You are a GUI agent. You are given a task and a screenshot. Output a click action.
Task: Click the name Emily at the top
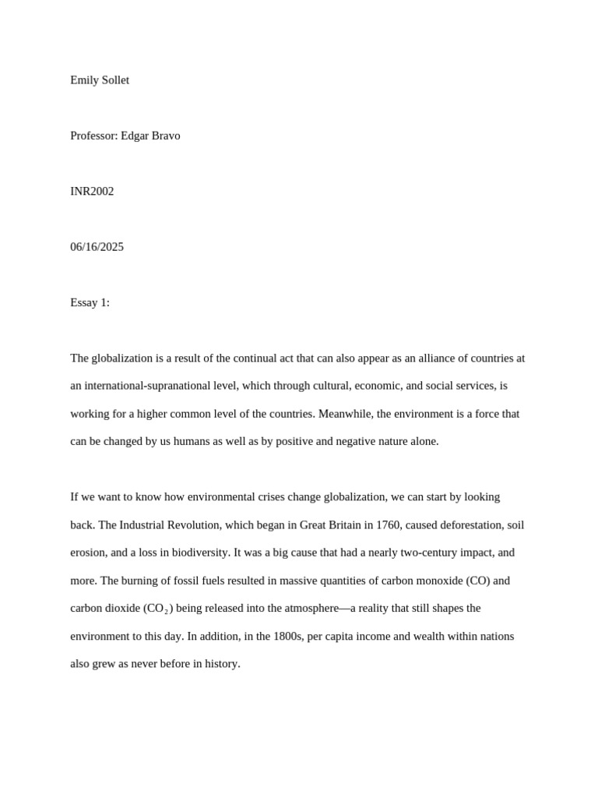point(84,80)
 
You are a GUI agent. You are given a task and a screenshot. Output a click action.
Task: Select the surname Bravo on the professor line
point(164,136)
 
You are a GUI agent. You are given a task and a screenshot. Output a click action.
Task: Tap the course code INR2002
point(92,191)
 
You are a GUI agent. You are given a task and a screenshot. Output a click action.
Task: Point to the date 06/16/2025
point(97,247)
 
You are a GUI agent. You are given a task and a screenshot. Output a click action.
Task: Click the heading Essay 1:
point(90,302)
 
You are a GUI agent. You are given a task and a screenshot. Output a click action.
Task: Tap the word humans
point(180,441)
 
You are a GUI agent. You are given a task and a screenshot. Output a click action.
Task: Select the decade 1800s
point(287,636)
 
